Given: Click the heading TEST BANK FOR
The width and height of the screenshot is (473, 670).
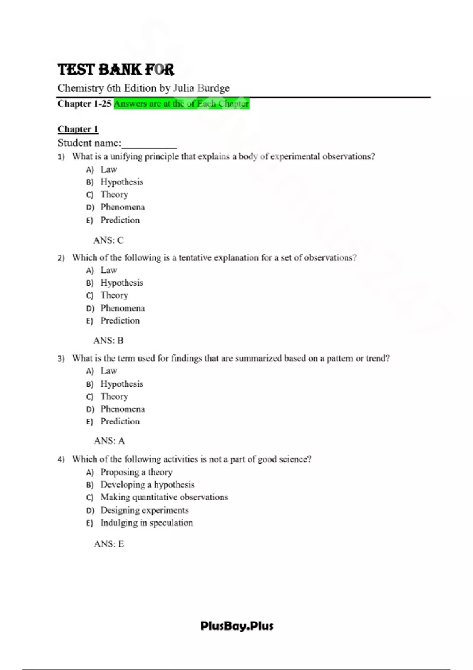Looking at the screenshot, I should (115, 70).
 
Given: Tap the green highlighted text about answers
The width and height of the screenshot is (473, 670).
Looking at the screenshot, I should (181, 104).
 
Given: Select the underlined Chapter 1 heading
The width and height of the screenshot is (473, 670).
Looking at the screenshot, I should (78, 129).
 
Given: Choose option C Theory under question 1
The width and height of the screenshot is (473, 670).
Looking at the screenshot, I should (114, 195).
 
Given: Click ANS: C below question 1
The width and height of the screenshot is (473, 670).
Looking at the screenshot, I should (108, 240).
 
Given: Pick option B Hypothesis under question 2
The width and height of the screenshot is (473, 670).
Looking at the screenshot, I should (121, 283).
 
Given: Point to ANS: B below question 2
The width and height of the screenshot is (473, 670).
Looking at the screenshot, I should (108, 341).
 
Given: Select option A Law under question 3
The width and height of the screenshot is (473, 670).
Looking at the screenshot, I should (108, 371).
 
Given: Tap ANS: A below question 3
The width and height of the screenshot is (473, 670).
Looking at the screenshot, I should (109, 441).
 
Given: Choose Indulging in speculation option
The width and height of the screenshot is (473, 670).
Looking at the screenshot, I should (146, 523).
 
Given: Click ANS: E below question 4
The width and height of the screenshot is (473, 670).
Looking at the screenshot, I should (109, 544).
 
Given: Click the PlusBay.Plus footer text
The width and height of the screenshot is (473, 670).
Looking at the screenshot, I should (236, 626).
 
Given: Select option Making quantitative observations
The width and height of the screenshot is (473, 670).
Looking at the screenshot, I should (164, 497).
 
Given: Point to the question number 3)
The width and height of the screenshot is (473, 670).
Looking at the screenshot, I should (61, 359).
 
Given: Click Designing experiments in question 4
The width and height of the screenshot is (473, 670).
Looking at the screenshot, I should (144, 510).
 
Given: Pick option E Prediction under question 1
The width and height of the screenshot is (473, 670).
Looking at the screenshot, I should (120, 220).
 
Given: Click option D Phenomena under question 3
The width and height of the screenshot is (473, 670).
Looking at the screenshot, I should (122, 409).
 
